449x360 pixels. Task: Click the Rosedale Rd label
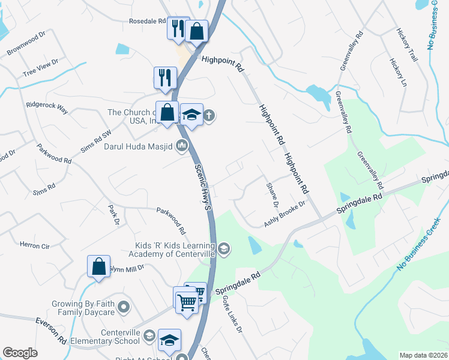pyautogui.click(x=147, y=21)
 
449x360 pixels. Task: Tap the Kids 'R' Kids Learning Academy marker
pyautogui.click(x=223, y=248)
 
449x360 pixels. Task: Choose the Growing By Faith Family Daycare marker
pyautogui.click(x=124, y=308)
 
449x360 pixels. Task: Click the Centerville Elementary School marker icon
pyautogui.click(x=149, y=337)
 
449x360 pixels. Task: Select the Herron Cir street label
pyautogui.click(x=34, y=245)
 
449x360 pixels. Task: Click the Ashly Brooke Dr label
pyautogui.click(x=285, y=214)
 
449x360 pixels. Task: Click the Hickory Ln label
pyautogui.click(x=397, y=73)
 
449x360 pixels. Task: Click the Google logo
pyautogui.click(x=20, y=353)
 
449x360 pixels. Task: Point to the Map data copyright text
pyautogui.click(x=423, y=355)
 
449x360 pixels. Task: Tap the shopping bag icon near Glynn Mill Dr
pyautogui.click(x=98, y=266)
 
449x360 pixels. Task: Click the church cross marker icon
pyautogui.click(x=208, y=115)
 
